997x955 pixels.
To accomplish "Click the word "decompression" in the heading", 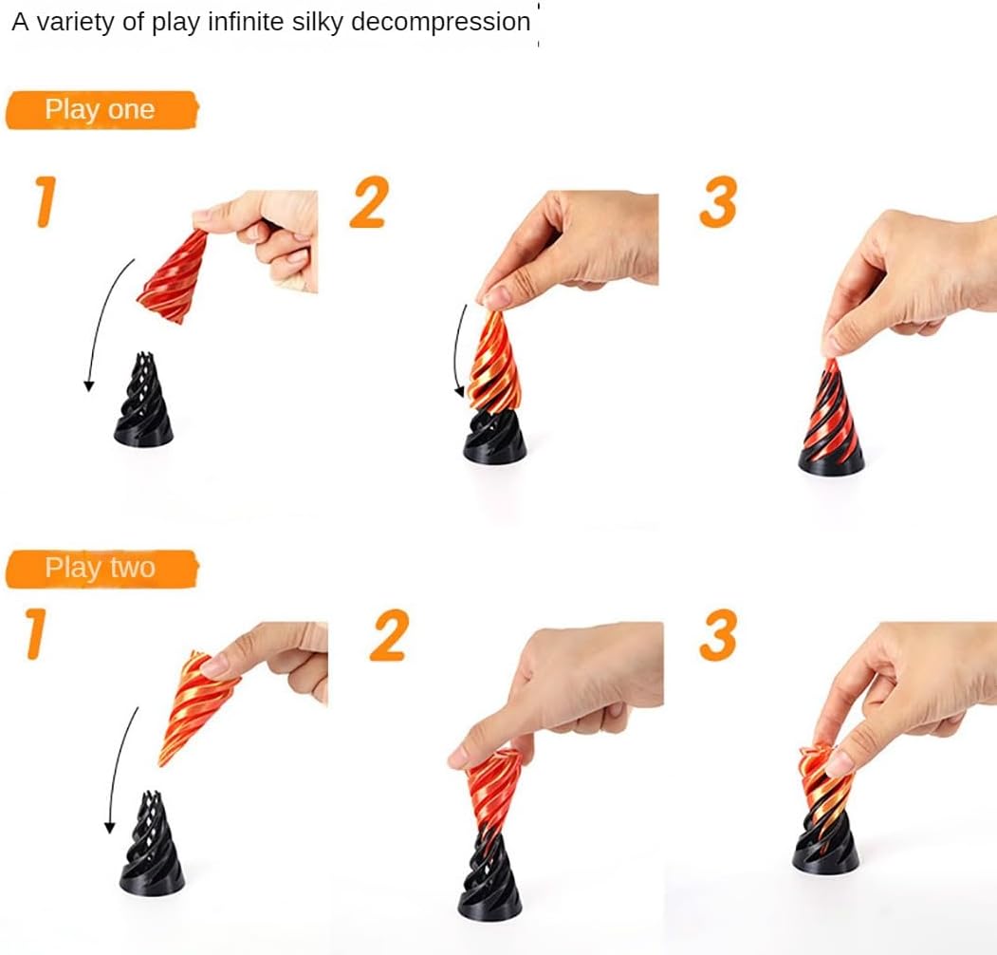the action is tap(441, 23).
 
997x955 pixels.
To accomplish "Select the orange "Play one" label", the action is tap(102, 110).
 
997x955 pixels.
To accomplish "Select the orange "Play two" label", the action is tap(102, 569).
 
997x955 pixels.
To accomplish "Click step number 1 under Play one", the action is tap(46, 201).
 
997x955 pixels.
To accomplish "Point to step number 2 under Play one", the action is tap(369, 201).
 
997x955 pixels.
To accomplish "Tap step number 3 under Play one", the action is tap(718, 201).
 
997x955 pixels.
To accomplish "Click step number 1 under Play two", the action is tap(36, 634).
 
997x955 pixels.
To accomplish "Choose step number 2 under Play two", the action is tap(389, 635).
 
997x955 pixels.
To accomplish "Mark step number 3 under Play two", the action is tap(718, 635).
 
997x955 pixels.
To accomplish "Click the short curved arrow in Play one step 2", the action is tap(457, 351).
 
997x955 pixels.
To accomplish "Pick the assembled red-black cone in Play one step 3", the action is tap(831, 420).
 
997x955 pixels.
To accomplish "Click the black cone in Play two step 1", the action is tap(152, 844).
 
